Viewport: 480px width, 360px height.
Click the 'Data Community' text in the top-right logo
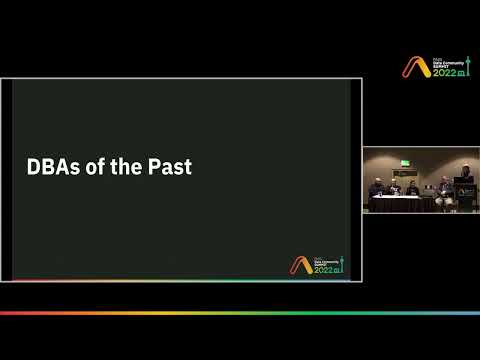coord(444,62)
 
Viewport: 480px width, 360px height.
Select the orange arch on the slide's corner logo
coord(299,265)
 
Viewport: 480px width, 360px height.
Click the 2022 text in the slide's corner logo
coord(324,270)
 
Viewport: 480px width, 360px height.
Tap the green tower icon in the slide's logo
coord(341,266)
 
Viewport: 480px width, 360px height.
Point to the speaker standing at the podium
coord(465,176)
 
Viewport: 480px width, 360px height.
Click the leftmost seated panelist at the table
coord(376,190)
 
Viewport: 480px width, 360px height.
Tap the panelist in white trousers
coord(443,192)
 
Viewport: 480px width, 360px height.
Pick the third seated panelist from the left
coord(412,189)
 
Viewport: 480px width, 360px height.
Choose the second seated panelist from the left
coord(395,189)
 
